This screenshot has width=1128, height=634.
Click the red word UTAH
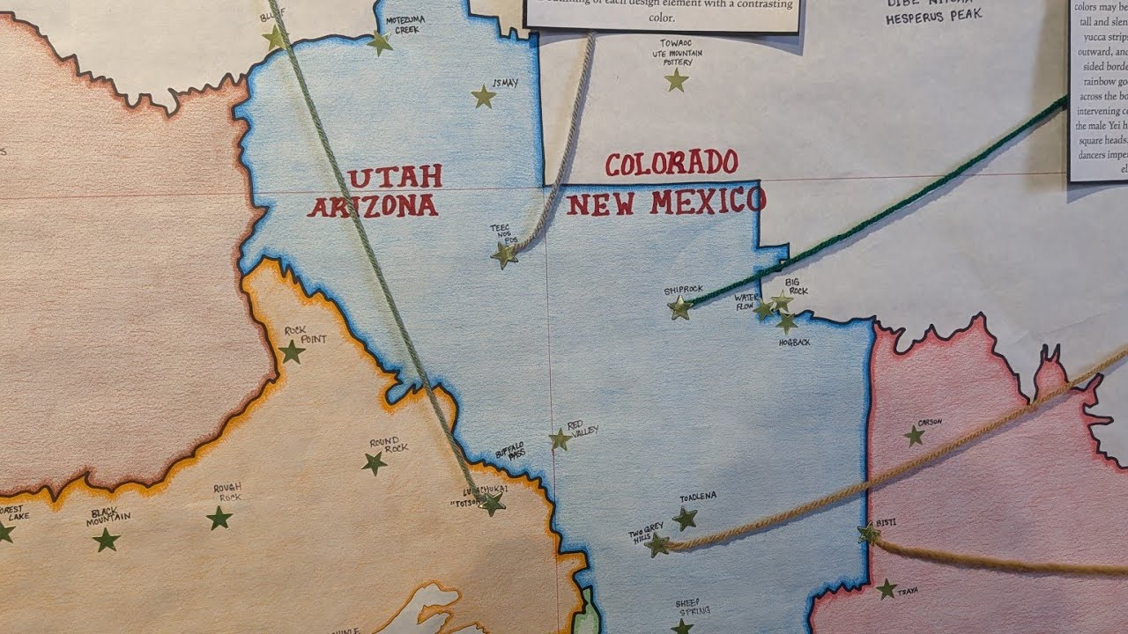pyautogui.click(x=394, y=177)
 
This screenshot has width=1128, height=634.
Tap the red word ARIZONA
pyautogui.click(x=373, y=206)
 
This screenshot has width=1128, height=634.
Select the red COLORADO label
pyautogui.click(x=672, y=163)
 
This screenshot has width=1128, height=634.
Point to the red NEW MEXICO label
pyautogui.click(x=665, y=202)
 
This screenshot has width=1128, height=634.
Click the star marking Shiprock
pyautogui.click(x=679, y=307)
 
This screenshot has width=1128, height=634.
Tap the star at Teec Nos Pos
pyautogui.click(x=504, y=255)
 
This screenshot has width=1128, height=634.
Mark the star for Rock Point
pyautogui.click(x=292, y=352)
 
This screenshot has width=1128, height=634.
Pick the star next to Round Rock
pyautogui.click(x=375, y=462)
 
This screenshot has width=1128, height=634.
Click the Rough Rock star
pyautogui.click(x=219, y=518)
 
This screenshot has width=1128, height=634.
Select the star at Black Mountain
pyautogui.click(x=107, y=540)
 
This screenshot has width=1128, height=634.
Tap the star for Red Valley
pyautogui.click(x=560, y=439)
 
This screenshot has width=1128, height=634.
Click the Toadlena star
pyautogui.click(x=685, y=519)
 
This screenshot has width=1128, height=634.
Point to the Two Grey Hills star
pyautogui.click(x=657, y=545)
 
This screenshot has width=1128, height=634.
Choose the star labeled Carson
pyautogui.click(x=915, y=435)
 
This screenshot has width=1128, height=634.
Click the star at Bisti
pyautogui.click(x=869, y=533)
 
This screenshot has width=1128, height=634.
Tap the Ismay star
pyautogui.click(x=483, y=97)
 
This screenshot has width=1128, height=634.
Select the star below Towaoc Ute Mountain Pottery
pyautogui.click(x=676, y=81)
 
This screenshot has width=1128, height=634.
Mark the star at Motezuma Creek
pyautogui.click(x=380, y=42)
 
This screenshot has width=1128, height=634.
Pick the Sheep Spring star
pyautogui.click(x=681, y=627)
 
